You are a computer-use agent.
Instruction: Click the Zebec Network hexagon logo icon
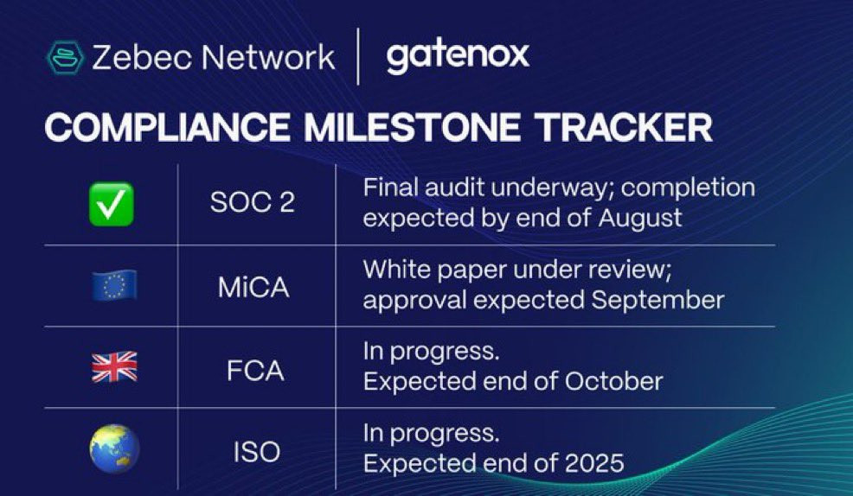pyautogui.click(x=65, y=58)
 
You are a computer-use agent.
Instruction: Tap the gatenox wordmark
pyautogui.click(x=458, y=56)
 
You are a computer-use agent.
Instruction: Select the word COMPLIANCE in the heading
pyautogui.click(x=167, y=128)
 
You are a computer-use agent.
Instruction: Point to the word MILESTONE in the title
pyautogui.click(x=412, y=128)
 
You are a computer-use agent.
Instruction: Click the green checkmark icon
pyautogui.click(x=112, y=204)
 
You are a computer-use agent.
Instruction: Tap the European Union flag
pyautogui.click(x=114, y=285)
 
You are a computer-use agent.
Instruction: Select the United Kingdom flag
pyautogui.click(x=114, y=367)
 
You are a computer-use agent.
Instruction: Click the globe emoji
pyautogui.click(x=114, y=448)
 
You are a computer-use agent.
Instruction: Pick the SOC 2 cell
pyautogui.click(x=253, y=203)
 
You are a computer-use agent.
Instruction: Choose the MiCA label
pyautogui.click(x=253, y=286)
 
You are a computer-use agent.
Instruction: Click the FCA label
pyautogui.click(x=255, y=371)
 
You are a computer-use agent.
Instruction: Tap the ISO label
pyautogui.click(x=256, y=452)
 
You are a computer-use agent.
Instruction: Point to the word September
pyautogui.click(x=657, y=301)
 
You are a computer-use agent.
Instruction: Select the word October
pyautogui.click(x=613, y=381)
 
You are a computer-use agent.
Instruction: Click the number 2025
pyautogui.click(x=594, y=463)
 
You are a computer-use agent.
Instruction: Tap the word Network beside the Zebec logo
pyautogui.click(x=267, y=57)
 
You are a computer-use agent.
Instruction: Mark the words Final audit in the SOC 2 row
pyautogui.click(x=424, y=188)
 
